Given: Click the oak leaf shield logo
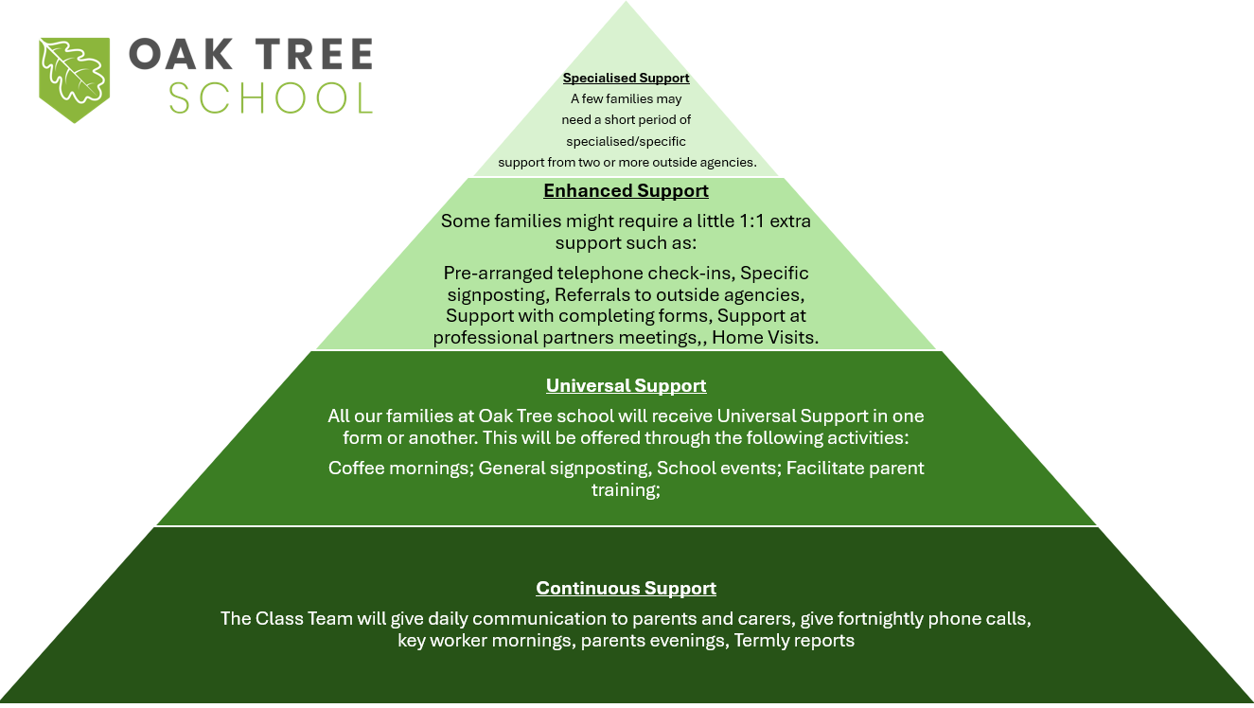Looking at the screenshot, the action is click(x=74, y=80).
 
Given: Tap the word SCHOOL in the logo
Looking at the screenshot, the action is click(x=271, y=98).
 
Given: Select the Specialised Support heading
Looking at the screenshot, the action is click(x=626, y=79).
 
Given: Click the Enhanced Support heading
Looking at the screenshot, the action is click(x=626, y=191).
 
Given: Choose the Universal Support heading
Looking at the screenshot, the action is click(x=626, y=385).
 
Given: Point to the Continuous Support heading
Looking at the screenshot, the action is click(x=626, y=588).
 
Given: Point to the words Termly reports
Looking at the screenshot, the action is click(x=794, y=640).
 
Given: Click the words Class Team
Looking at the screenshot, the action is click(x=304, y=618).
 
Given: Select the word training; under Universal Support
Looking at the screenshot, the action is click(x=626, y=490).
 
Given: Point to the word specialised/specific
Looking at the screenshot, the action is click(x=626, y=142).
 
